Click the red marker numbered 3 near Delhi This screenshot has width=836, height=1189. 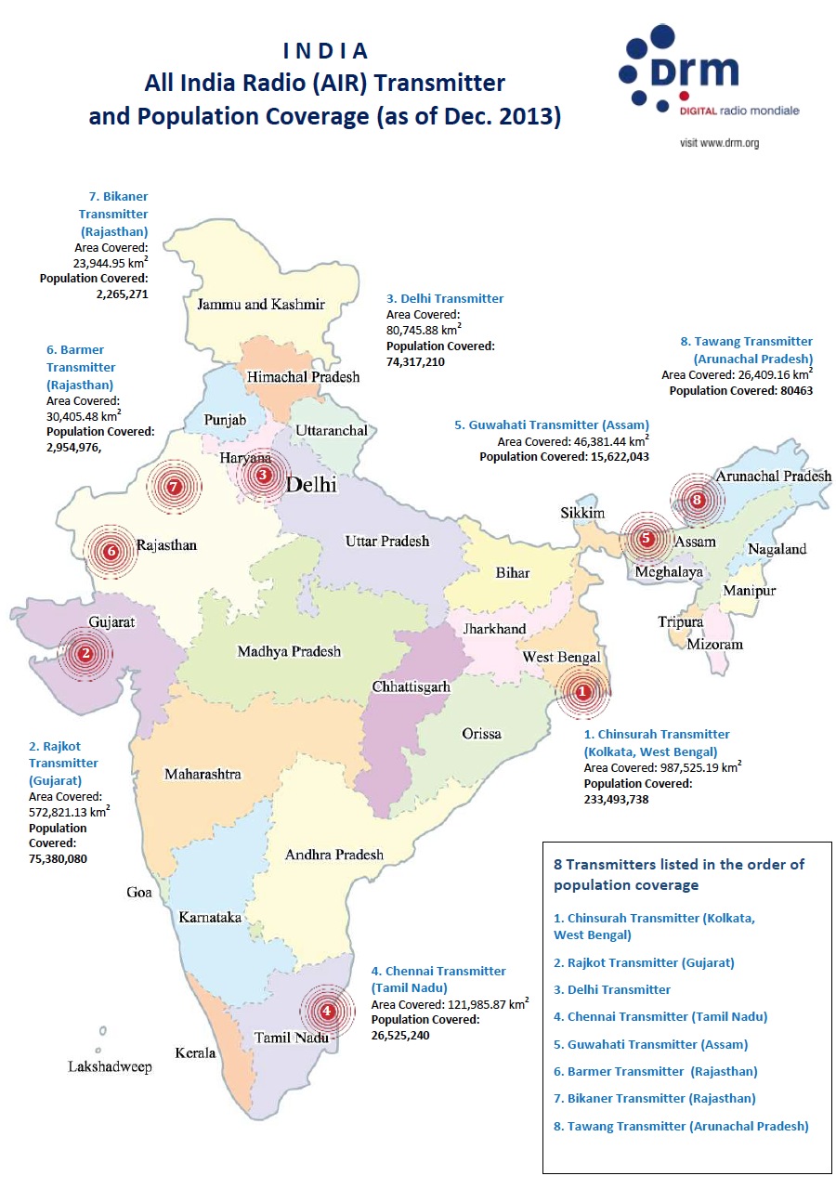point(264,475)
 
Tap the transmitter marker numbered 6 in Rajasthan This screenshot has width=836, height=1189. point(111,551)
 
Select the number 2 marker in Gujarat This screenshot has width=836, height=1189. point(85,653)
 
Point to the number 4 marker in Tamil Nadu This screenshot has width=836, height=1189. point(326,1011)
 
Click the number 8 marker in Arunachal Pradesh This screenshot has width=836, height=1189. point(699,500)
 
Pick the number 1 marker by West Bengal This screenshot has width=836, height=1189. point(582,691)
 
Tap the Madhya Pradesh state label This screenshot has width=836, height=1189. point(289,651)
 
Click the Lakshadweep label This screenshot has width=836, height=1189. point(110,1066)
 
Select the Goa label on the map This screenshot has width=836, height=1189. point(139,892)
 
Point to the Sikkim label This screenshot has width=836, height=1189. point(582,514)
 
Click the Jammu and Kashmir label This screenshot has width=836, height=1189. point(260,304)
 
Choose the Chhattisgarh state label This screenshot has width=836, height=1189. point(411,686)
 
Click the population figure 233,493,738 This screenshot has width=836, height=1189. point(616,799)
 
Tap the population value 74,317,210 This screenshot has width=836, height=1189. point(415,361)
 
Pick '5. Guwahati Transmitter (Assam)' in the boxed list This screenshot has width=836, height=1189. point(650,1044)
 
